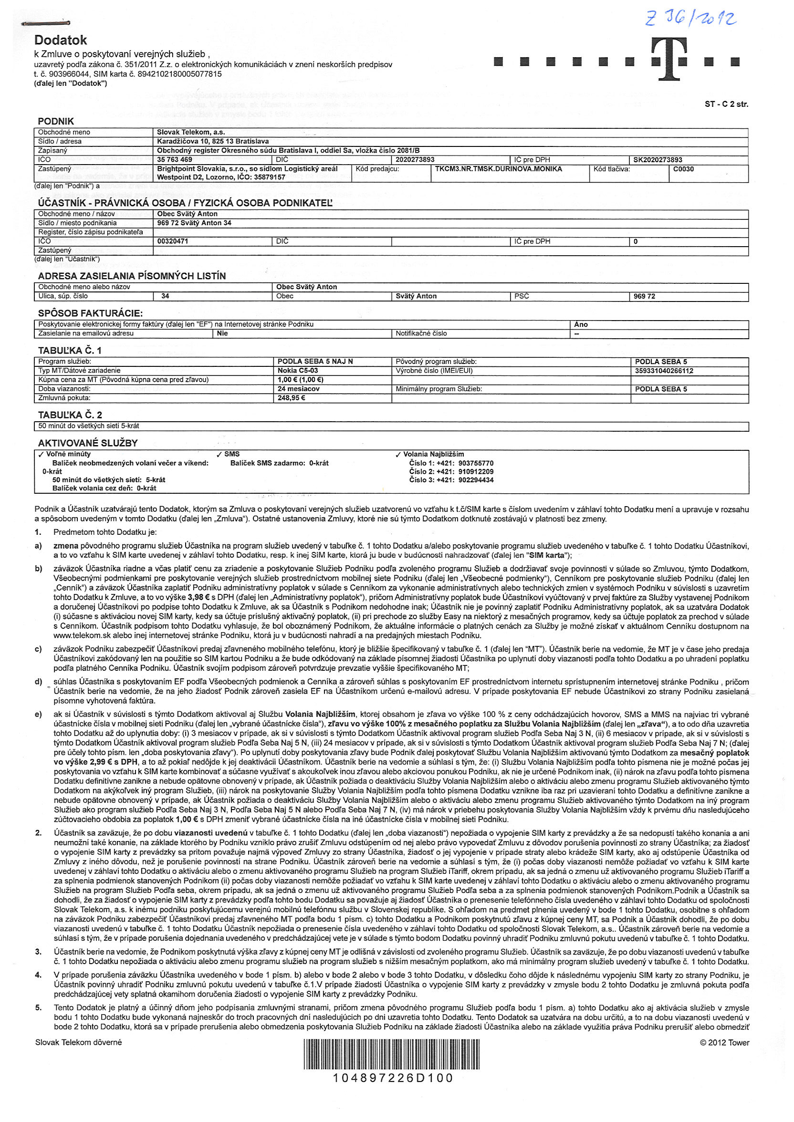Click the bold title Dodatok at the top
point(61,40)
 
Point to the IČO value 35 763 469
point(175,159)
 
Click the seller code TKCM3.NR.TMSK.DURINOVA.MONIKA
point(498,169)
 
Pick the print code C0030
point(683,169)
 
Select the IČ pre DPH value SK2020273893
point(658,160)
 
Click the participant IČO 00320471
point(173,241)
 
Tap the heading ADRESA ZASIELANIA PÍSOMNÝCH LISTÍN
point(132,276)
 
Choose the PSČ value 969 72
point(644,296)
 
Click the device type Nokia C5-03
point(298,371)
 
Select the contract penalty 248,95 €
point(292,398)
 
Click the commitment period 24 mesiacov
point(298,389)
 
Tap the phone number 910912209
point(476,472)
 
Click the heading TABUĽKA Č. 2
point(70,415)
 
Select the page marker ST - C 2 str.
point(726,104)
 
